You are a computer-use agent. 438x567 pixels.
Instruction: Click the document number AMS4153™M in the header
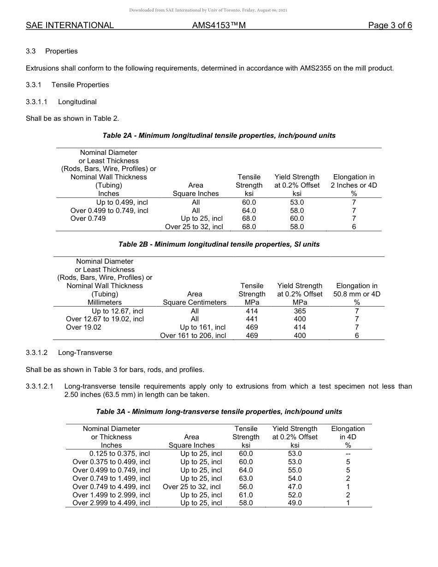(x=219, y=25)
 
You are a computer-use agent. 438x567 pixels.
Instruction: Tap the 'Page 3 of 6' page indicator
(x=390, y=25)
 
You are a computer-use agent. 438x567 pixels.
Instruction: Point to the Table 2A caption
(x=219, y=136)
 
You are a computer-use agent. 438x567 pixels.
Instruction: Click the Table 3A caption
(x=219, y=411)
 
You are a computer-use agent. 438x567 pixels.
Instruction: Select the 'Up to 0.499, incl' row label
(x=122, y=202)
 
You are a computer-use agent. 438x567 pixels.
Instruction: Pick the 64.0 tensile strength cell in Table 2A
(x=249, y=211)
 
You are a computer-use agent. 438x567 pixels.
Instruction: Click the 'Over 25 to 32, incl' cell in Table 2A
(x=194, y=227)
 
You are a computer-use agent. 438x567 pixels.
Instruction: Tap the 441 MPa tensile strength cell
(x=252, y=319)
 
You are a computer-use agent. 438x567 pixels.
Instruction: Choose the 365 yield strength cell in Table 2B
(x=300, y=311)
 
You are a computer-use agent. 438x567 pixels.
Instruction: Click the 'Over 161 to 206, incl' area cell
(x=193, y=336)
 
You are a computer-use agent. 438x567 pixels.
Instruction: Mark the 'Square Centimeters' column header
(x=195, y=302)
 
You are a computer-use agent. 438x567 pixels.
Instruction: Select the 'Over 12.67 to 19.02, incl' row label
(x=105, y=319)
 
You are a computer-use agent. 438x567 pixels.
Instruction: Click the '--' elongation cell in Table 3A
(x=348, y=454)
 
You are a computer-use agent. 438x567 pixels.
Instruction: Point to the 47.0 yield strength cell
(x=295, y=487)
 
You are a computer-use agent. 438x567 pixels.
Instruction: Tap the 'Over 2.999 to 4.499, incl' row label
(x=112, y=503)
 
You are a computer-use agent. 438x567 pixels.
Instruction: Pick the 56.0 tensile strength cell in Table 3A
(x=246, y=487)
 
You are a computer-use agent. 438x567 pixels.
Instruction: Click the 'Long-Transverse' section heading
(x=85, y=353)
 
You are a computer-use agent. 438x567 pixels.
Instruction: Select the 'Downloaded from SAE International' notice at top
(x=208, y=10)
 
